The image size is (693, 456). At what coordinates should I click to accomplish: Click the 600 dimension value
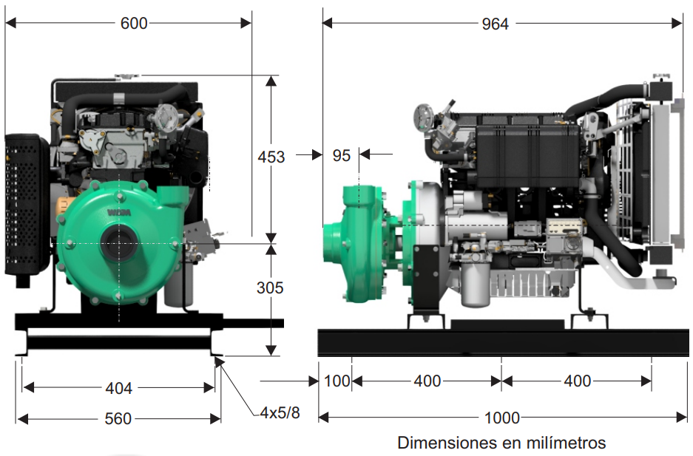click(x=133, y=23)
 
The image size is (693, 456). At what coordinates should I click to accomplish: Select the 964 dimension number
click(x=495, y=24)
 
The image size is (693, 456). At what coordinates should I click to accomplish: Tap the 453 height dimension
click(x=271, y=157)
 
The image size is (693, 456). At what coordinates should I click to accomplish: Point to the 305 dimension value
click(x=270, y=287)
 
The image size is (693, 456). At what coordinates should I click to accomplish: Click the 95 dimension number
click(x=341, y=155)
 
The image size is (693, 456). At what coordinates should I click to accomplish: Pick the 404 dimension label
click(x=118, y=389)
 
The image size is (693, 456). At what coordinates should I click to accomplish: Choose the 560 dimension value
click(x=118, y=418)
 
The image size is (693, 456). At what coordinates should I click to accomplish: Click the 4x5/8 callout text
click(x=280, y=412)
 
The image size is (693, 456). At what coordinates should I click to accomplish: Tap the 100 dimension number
click(x=337, y=381)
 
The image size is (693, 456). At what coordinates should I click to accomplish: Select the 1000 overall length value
click(x=502, y=418)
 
